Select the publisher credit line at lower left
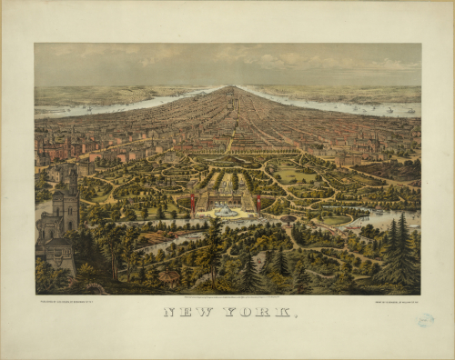point(68,301)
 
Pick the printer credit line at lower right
point(389,301)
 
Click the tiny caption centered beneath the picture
point(227,296)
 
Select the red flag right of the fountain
point(258,199)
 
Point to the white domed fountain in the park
point(224,211)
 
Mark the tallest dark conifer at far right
point(401,245)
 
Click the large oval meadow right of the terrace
point(293,175)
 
